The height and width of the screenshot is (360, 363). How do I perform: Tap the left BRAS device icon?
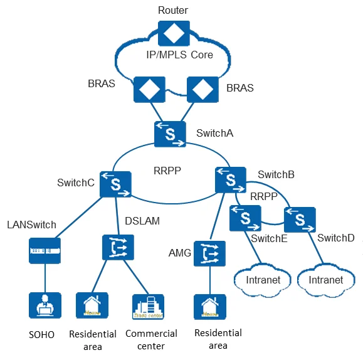pyautogui.click(x=148, y=90)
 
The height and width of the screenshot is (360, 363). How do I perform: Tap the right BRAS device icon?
pyautogui.click(x=201, y=90)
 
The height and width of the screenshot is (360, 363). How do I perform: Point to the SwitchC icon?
pyautogui.click(x=115, y=184)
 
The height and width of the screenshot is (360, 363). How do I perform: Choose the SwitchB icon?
pyautogui.click(x=230, y=180)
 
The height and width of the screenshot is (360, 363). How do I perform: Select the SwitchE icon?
pyautogui.click(x=245, y=219)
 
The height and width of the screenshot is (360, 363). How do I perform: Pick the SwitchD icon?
pyautogui.click(x=300, y=219)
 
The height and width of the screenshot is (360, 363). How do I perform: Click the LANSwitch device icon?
pyautogui.click(x=44, y=250)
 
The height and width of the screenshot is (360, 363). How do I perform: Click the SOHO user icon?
pyautogui.click(x=44, y=306)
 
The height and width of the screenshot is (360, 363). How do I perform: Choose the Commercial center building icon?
pyautogui.click(x=147, y=306)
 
